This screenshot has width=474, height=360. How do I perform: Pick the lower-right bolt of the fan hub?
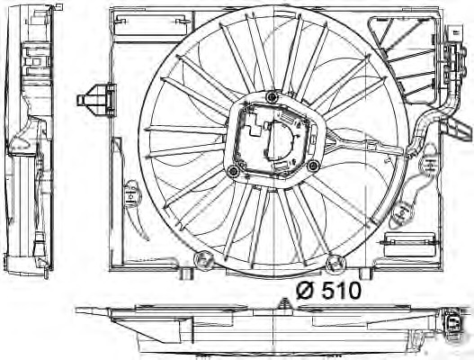point(311,166)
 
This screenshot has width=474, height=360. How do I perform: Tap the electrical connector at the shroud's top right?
point(449,45)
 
